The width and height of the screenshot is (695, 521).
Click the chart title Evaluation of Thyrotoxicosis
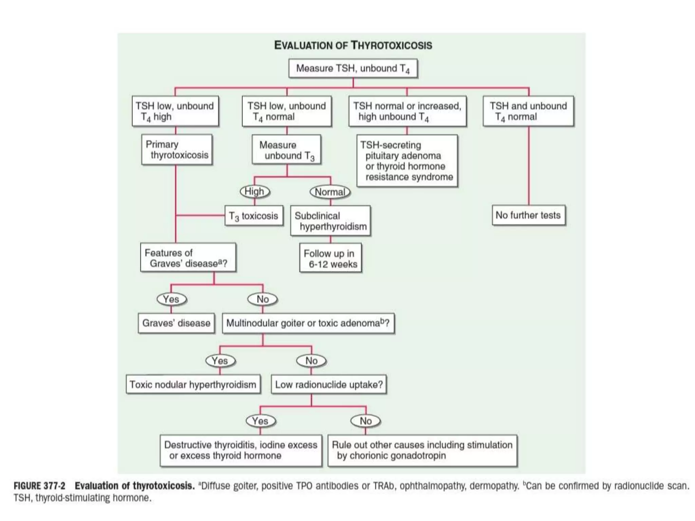[x=353, y=45]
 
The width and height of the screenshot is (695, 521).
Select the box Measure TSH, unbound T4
[x=353, y=69]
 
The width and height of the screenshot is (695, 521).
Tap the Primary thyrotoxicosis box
[x=177, y=150]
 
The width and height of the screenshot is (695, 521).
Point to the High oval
[x=255, y=192]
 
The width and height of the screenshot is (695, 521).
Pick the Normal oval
[x=330, y=192]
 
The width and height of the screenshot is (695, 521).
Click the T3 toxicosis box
[x=253, y=216]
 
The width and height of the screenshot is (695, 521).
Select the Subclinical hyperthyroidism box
[x=330, y=221]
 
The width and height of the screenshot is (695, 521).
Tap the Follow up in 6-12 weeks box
[x=330, y=258]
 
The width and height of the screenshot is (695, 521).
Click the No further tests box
[x=528, y=215]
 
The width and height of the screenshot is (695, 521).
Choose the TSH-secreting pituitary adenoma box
[x=407, y=161]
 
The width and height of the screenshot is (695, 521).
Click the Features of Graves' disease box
[x=188, y=258]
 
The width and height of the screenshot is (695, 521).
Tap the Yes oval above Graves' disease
[x=171, y=299]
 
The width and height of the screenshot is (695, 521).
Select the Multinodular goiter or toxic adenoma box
[x=308, y=323]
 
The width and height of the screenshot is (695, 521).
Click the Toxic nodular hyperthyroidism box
[x=193, y=384]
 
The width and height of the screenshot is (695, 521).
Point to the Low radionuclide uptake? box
[x=328, y=384]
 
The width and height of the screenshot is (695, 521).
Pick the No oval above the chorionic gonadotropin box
[x=365, y=421]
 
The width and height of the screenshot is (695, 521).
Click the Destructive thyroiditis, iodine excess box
[x=241, y=450]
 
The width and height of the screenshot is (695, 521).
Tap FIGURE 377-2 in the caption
[x=39, y=486]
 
